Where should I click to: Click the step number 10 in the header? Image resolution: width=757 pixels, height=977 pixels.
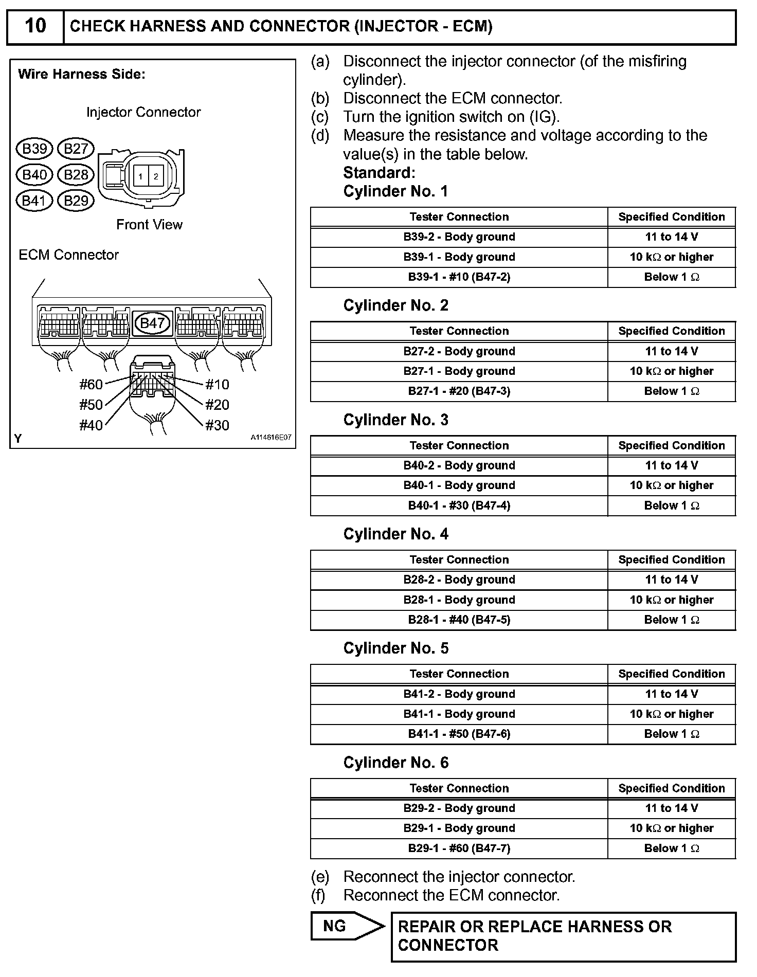coord(35,26)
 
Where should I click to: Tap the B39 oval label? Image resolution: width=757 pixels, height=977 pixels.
coord(34,149)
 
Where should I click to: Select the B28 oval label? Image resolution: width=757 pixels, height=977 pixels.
coord(76,175)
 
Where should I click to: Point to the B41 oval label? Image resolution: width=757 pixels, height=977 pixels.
coord(34,201)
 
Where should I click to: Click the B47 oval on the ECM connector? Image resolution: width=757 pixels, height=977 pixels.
coord(152,323)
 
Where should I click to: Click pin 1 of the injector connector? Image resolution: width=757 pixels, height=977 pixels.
coord(140,176)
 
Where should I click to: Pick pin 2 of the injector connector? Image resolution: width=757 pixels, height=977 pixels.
coord(156,176)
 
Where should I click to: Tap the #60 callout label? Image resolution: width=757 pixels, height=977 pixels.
coord(91,385)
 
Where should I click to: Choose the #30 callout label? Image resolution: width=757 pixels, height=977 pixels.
coord(217,425)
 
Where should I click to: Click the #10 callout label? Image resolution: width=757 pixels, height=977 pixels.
coord(217,385)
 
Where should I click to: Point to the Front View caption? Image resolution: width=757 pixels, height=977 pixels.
coord(149,225)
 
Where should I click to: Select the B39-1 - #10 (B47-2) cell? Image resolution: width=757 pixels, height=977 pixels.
coord(459,277)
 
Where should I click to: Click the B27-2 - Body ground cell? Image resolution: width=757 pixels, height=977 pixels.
coord(459,351)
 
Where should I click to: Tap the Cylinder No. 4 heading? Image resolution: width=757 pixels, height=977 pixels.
coord(395,534)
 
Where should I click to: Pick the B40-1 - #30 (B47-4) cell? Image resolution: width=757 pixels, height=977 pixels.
coord(459,505)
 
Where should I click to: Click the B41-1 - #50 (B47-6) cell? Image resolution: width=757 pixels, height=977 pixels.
coord(459,734)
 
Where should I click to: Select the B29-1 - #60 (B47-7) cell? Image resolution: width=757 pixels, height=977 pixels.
coord(459,848)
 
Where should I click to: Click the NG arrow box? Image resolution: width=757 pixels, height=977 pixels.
coord(346,926)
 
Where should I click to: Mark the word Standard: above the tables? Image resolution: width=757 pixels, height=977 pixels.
coord(379,172)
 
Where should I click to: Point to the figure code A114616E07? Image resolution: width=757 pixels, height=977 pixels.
coord(271,438)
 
